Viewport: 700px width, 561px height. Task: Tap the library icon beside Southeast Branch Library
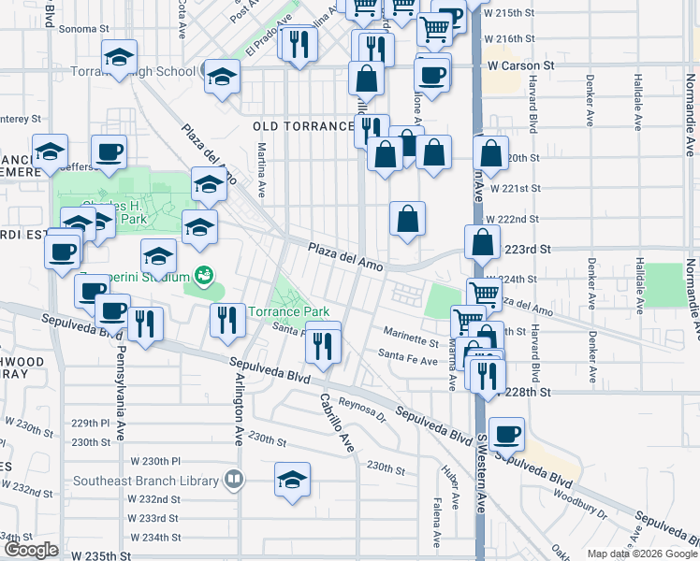[234, 481]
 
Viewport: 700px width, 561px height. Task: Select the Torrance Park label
[289, 310]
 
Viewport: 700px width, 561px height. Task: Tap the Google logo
[31, 550]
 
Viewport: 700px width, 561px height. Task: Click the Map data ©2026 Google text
[643, 554]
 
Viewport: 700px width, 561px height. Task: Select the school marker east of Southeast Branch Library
[293, 480]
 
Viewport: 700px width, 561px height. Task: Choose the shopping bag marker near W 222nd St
[407, 220]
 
